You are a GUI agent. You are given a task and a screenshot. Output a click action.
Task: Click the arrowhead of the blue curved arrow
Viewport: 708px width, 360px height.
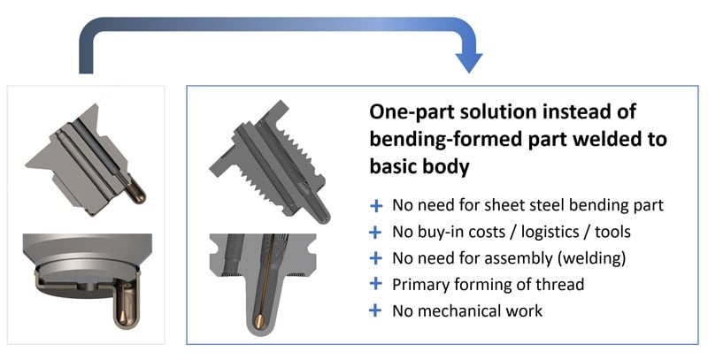click(x=469, y=62)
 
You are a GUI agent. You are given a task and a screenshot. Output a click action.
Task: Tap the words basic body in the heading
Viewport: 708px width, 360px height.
click(x=419, y=166)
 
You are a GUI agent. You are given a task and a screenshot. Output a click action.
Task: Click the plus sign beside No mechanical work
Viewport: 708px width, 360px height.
click(x=375, y=310)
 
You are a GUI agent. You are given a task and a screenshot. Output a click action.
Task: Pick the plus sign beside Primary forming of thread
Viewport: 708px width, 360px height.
click(x=375, y=284)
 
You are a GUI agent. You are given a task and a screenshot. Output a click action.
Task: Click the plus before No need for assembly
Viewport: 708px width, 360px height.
click(x=375, y=258)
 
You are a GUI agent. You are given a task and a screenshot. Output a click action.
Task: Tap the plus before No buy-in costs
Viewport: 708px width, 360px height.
click(x=375, y=232)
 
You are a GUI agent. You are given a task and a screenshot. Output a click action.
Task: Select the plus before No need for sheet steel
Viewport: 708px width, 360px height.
click(x=375, y=206)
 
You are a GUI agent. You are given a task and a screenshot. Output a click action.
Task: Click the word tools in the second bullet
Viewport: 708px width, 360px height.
click(x=612, y=232)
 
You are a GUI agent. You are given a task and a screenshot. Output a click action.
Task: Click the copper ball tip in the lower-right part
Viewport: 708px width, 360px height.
click(x=260, y=321)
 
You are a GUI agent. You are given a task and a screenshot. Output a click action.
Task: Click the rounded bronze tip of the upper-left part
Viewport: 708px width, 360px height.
click(x=137, y=195)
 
